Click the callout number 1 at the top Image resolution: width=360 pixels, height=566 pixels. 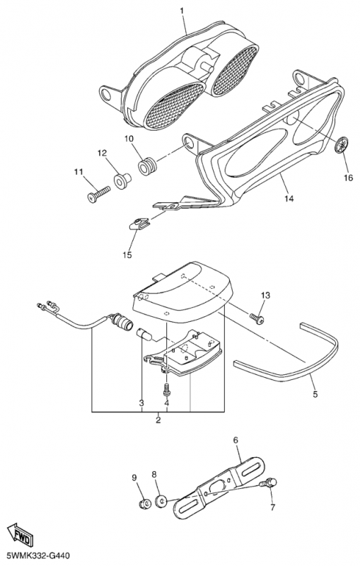[182, 11]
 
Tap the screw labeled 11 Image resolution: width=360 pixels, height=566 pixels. [98, 193]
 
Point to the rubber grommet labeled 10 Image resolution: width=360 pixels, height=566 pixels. [148, 166]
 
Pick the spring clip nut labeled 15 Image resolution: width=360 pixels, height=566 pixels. [139, 224]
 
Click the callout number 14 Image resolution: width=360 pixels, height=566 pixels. [289, 198]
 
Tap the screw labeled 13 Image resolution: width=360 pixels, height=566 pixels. [257, 318]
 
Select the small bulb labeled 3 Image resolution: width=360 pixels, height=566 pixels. [143, 334]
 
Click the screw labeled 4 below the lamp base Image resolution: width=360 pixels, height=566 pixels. [166, 390]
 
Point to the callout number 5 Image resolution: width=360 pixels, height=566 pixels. [315, 394]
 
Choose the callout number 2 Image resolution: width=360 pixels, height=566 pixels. [158, 420]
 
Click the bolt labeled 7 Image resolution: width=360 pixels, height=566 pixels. [268, 483]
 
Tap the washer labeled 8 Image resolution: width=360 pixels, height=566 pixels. [161, 501]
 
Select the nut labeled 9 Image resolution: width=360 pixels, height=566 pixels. [145, 503]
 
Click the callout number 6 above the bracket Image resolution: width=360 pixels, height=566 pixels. [236, 440]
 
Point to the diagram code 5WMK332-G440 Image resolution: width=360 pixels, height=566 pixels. [35, 556]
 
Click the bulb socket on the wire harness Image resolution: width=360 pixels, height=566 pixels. [123, 321]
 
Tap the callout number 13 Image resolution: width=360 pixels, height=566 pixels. [265, 296]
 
